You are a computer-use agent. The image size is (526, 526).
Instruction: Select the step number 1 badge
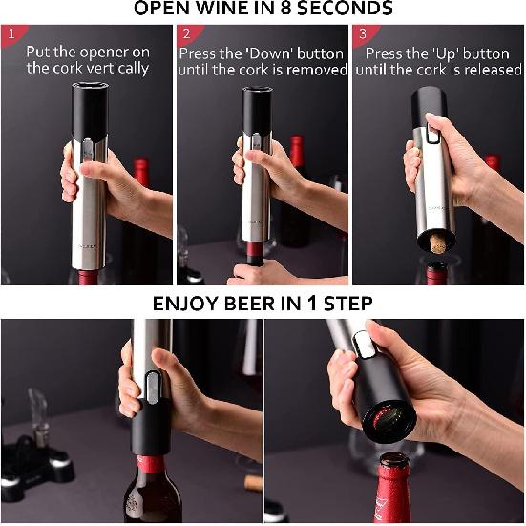pyautogui.click(x=10, y=33)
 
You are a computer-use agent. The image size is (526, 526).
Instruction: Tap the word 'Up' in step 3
pyautogui.click(x=446, y=53)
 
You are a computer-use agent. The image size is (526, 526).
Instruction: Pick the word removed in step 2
pyautogui.click(x=317, y=70)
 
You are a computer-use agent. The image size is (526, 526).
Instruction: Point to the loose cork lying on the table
pyautogui.click(x=253, y=482)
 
